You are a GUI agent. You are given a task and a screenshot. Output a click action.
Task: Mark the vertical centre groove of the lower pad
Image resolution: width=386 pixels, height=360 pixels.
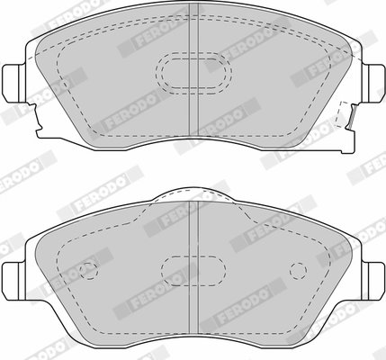(194, 273)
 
